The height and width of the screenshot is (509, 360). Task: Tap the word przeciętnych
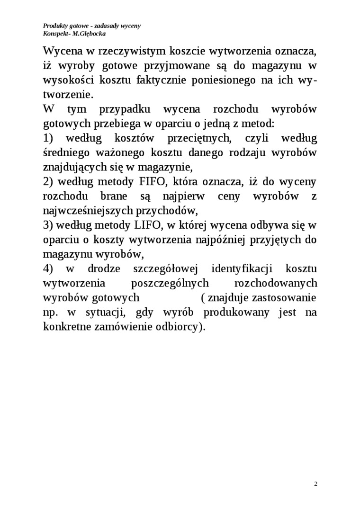[199, 138]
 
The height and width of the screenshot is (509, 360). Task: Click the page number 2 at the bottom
[315, 484]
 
